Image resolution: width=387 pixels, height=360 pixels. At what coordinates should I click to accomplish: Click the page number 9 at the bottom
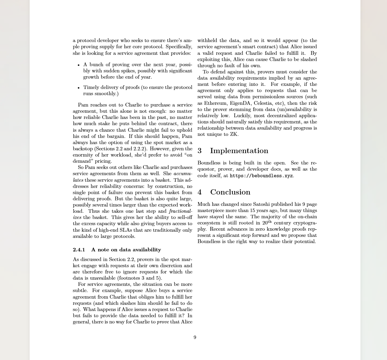coord(195,338)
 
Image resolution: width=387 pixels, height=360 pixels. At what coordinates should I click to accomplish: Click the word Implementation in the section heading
coord(239,151)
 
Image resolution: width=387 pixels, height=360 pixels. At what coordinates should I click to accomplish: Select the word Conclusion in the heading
coord(230,192)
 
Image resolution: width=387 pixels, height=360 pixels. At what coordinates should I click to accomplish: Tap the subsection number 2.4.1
coord(79,250)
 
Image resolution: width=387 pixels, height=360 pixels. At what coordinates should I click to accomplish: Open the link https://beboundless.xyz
coord(261,176)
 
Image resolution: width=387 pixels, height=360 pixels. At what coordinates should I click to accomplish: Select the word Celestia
coord(264,103)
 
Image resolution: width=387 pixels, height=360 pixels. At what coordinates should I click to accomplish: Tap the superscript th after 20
coord(269,222)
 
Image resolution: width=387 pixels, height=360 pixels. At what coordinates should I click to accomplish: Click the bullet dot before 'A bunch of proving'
coord(79,65)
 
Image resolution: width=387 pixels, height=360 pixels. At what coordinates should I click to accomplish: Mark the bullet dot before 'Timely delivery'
coord(79,88)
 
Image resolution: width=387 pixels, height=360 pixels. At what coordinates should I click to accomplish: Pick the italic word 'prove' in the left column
coord(163,322)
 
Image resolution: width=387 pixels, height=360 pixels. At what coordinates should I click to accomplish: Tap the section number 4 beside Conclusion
coord(200,192)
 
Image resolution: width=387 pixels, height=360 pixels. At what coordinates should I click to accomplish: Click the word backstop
coord(83,149)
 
